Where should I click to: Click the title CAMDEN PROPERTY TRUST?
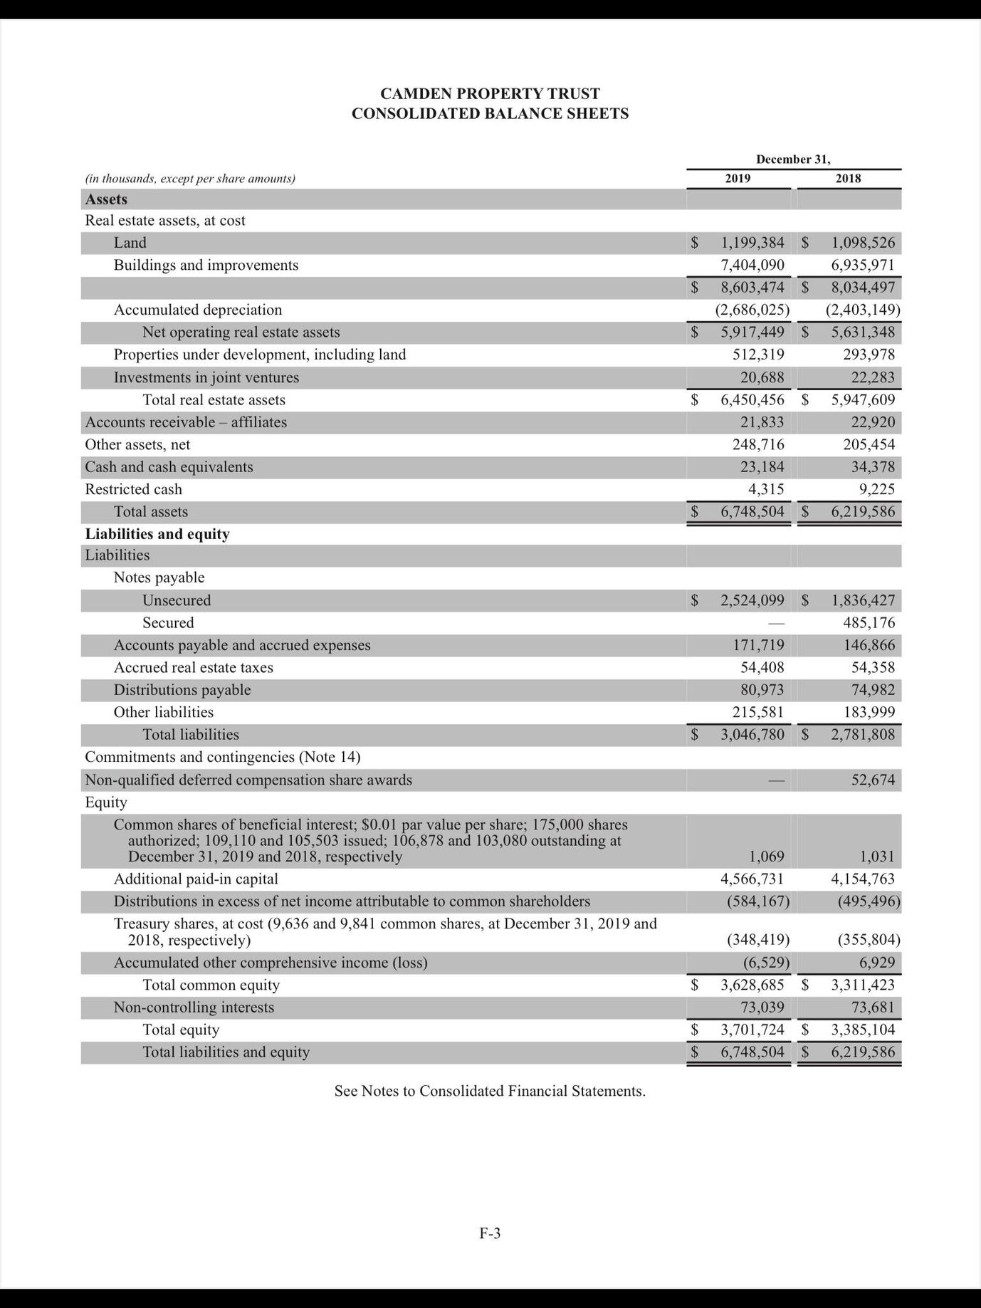pos(490,94)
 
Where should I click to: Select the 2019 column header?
pos(738,179)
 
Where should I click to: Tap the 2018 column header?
pos(848,179)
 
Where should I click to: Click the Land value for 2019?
pos(752,243)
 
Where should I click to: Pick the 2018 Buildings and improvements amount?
pos(862,265)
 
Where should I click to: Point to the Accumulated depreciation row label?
pos(198,310)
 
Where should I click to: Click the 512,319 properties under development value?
pos(758,355)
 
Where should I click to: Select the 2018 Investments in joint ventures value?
pos(873,377)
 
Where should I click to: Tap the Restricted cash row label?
pos(133,489)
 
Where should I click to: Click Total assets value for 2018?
pos(862,512)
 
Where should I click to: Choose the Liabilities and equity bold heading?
pos(157,534)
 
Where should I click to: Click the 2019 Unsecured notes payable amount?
pos(752,600)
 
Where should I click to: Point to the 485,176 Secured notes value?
pos(869,623)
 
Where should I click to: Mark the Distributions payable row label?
pos(182,690)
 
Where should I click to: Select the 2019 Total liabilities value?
pos(752,735)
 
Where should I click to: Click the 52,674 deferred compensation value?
pos(873,780)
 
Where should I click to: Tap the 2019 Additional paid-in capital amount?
pos(752,879)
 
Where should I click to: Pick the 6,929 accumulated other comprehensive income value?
pos(876,963)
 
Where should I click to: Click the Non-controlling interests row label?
pos(194,1008)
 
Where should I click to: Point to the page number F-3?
pos(490,1233)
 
